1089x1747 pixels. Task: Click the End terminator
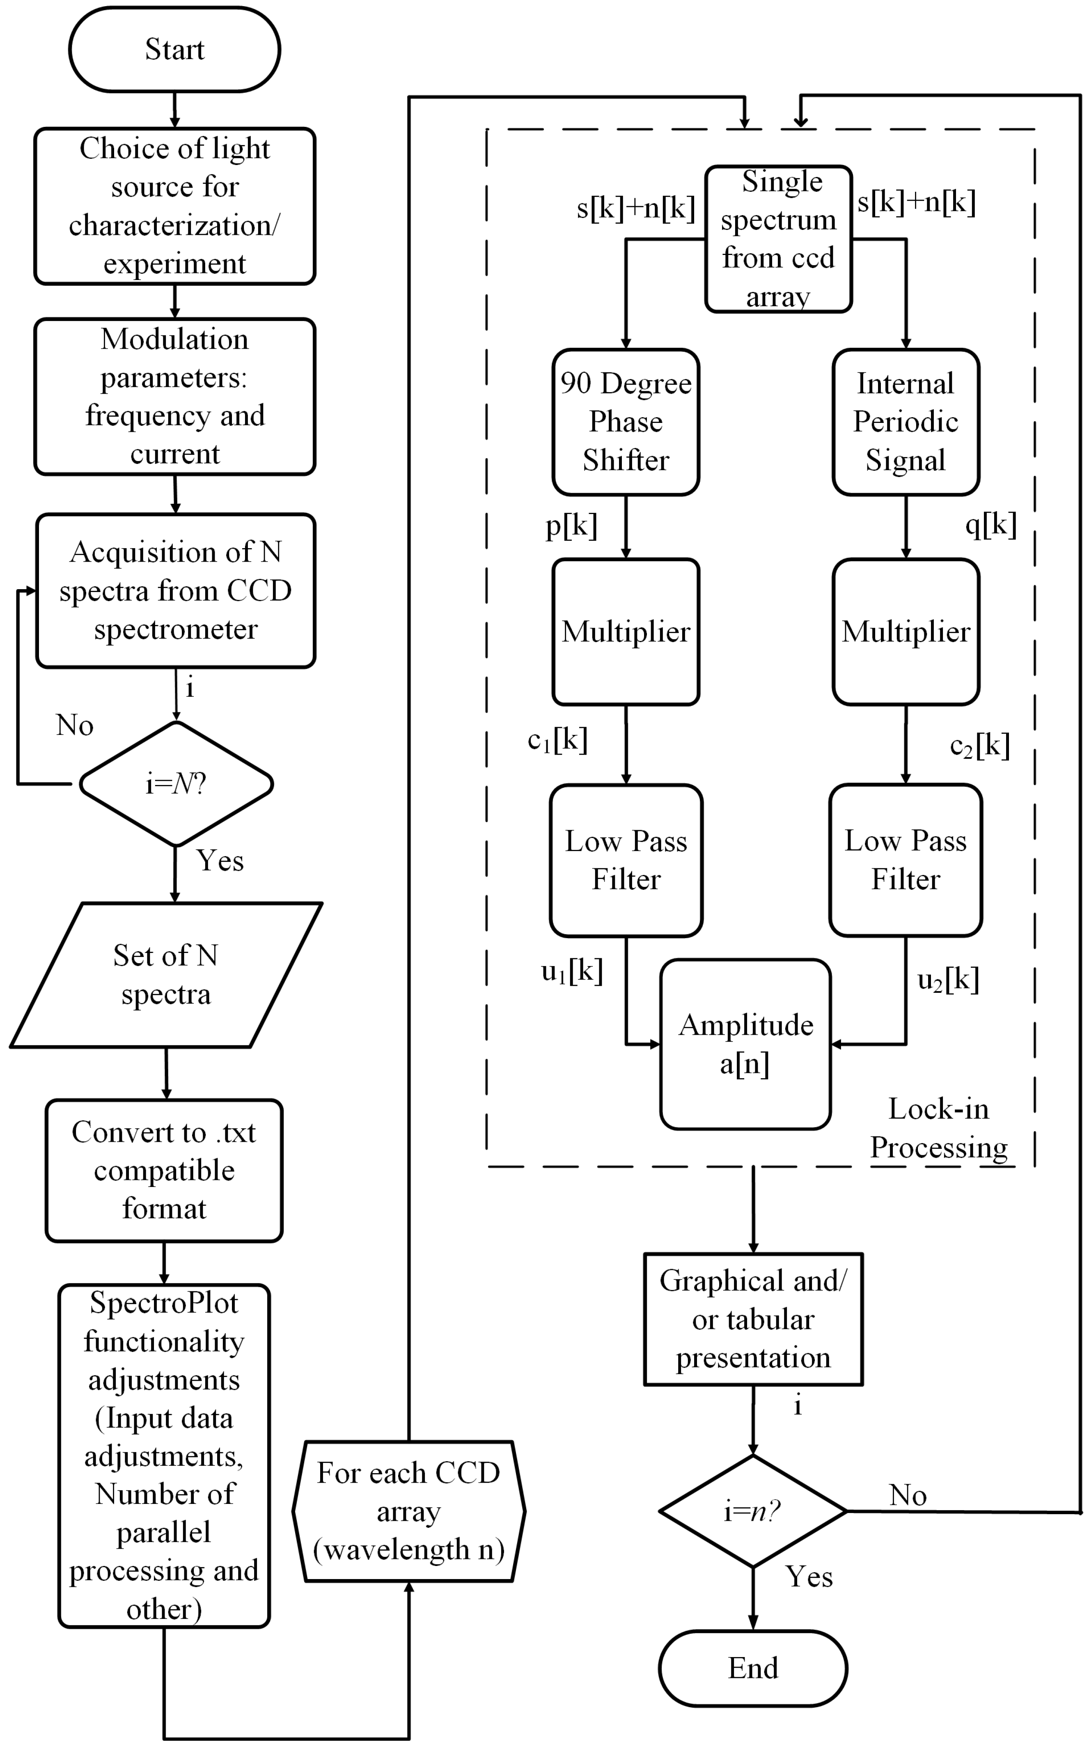coord(753,1668)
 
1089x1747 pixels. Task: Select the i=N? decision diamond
coord(176,783)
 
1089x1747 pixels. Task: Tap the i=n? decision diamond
coord(753,1511)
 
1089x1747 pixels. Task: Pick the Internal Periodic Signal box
coord(906,422)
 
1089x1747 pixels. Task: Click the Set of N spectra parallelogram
coord(166,975)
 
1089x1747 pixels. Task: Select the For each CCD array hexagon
coord(408,1511)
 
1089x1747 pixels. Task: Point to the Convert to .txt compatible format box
coord(164,1170)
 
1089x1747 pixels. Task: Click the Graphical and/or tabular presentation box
coord(753,1319)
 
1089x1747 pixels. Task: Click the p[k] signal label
coord(571,527)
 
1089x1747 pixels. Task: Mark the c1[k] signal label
coord(557,740)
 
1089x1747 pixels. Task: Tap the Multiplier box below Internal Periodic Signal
coord(906,632)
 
